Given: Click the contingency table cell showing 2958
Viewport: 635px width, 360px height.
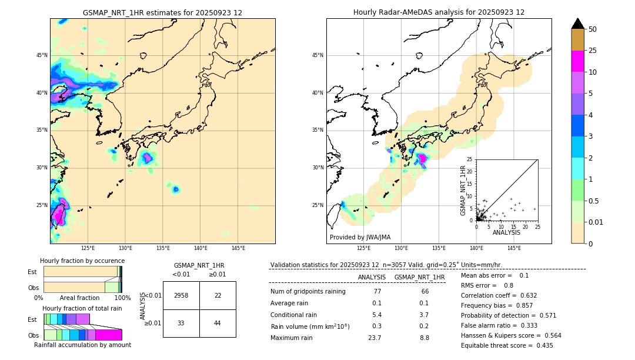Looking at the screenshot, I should click(181, 295).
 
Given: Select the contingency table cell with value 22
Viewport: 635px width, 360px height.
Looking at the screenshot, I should click(218, 295).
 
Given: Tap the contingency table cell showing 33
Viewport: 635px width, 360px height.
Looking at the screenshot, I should click(181, 323).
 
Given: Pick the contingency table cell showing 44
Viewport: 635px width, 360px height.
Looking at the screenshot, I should click(218, 323).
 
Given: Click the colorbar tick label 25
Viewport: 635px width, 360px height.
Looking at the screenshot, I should click(593, 51).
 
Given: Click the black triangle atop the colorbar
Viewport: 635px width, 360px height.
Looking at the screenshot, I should click(578, 24).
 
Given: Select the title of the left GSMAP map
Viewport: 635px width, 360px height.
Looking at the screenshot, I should click(162, 12).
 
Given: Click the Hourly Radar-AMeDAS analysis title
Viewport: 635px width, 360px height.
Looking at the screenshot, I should click(439, 12).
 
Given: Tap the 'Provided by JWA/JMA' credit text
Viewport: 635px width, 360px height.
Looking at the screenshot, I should click(360, 237).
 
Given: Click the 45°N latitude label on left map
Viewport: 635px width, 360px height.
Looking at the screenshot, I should click(42, 55).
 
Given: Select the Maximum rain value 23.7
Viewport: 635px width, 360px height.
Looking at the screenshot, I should click(375, 338).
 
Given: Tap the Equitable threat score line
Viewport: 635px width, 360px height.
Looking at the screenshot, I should click(507, 345).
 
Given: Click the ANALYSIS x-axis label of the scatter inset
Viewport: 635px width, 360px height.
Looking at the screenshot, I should click(506, 232).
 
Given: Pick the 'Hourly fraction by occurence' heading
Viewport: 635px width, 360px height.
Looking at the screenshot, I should click(82, 261).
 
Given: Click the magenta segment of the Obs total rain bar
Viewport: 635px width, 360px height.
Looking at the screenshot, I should click(108, 335).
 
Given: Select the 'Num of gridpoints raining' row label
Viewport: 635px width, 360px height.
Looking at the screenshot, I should click(308, 291).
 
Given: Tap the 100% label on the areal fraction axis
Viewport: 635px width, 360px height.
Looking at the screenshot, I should click(122, 298).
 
